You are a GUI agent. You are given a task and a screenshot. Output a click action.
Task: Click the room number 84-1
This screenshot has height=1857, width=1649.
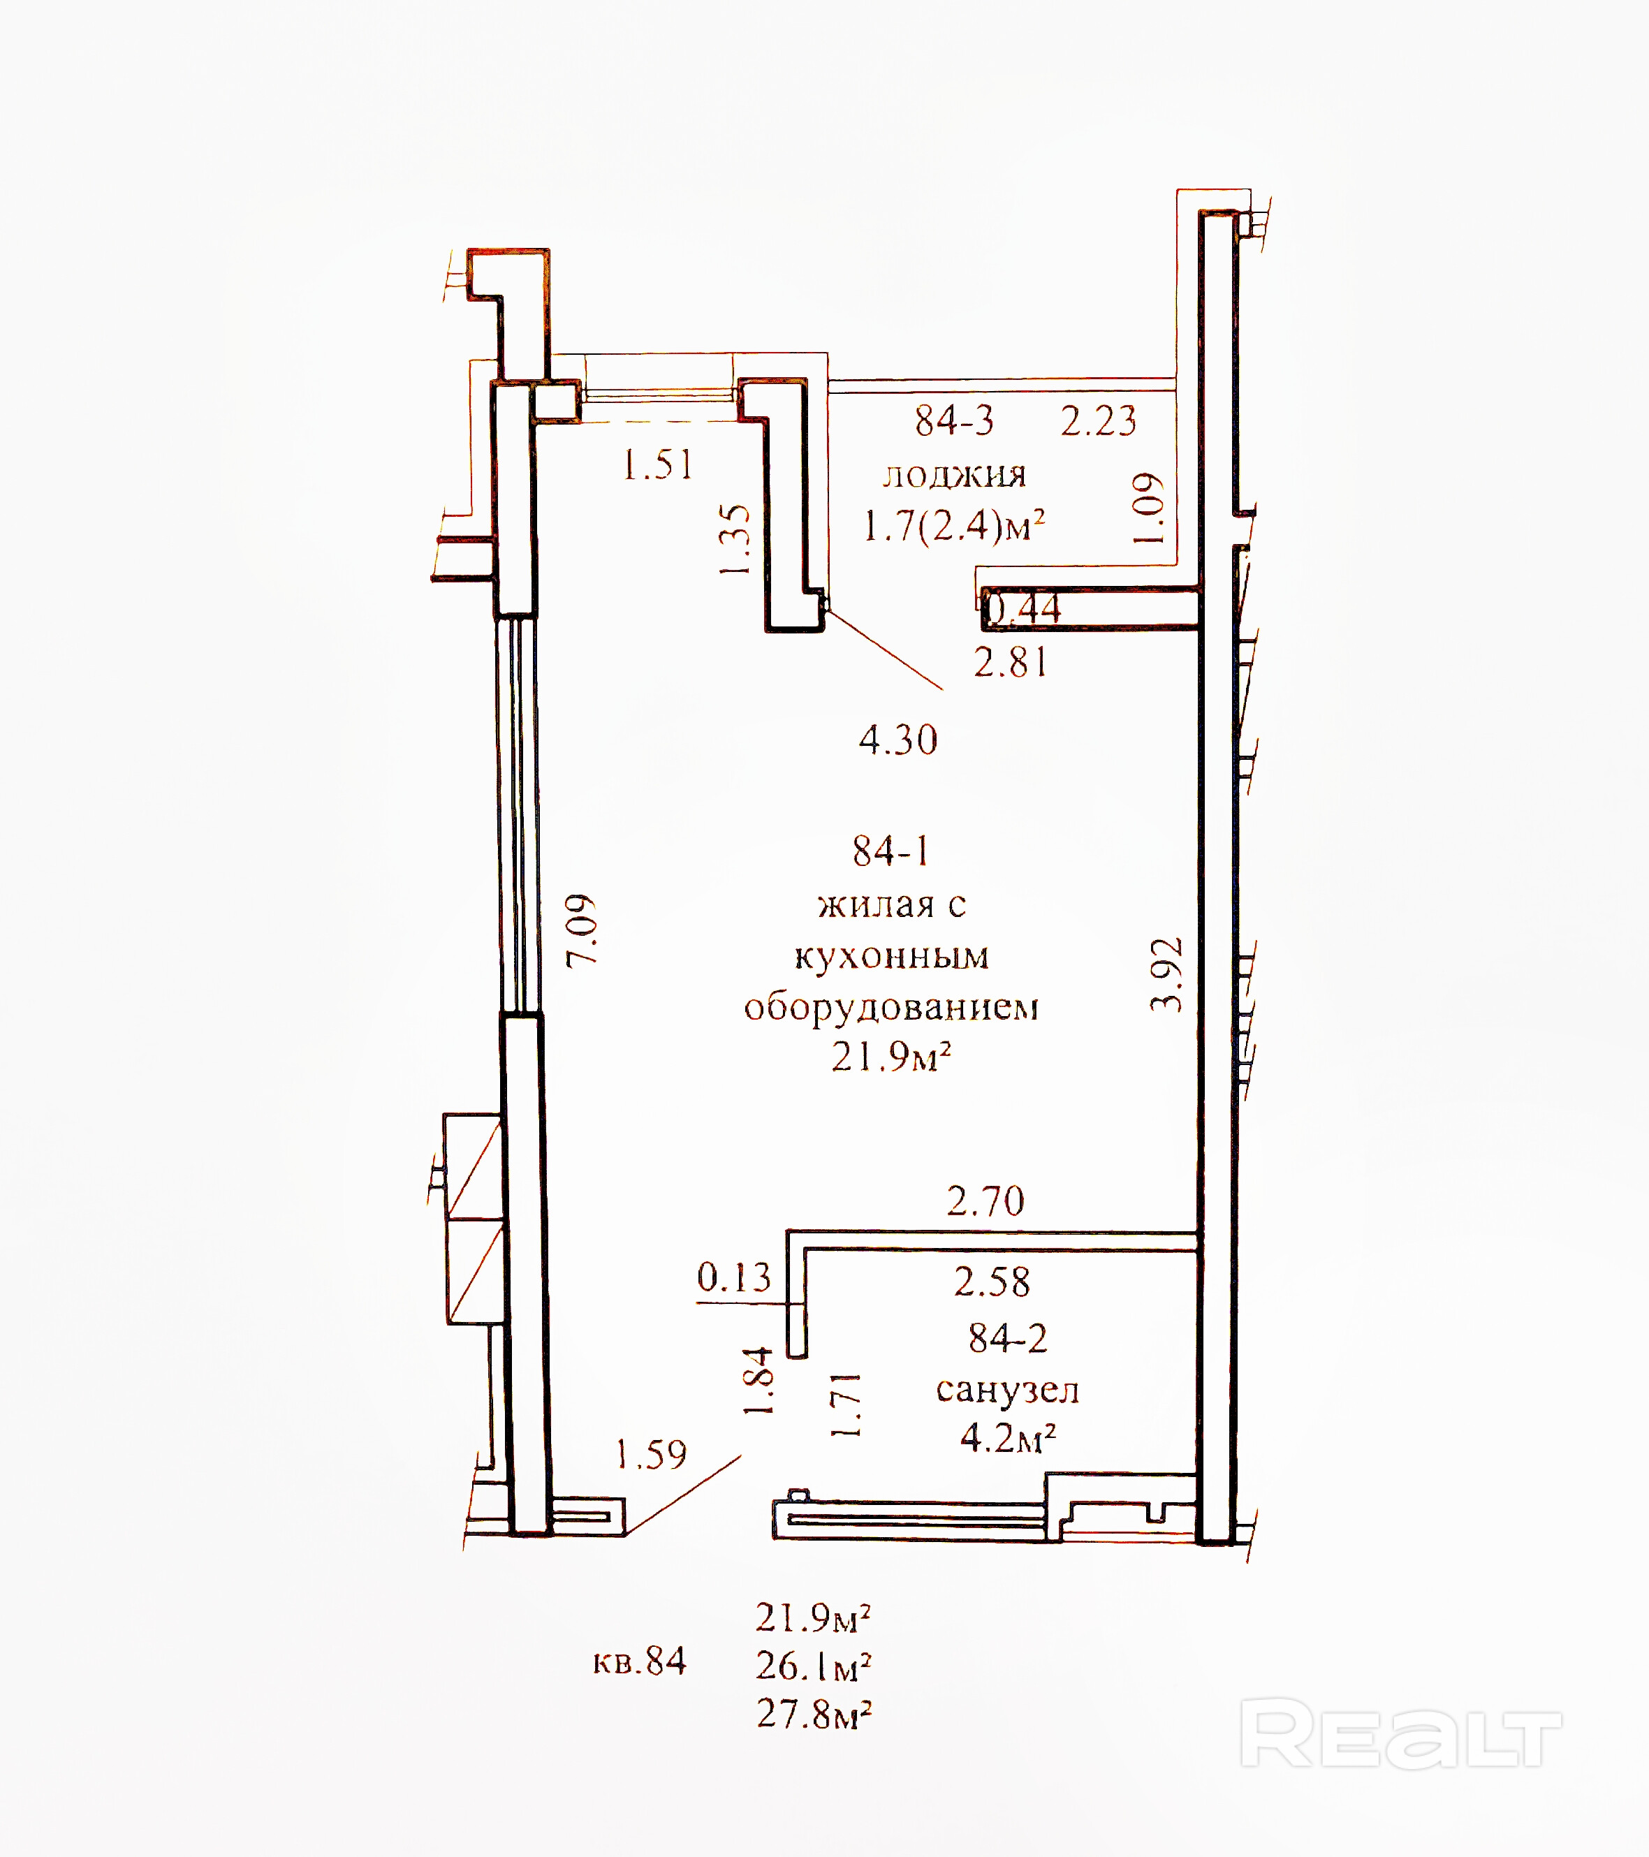point(891,851)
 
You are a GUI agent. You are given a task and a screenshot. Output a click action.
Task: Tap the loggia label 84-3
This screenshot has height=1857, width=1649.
point(954,420)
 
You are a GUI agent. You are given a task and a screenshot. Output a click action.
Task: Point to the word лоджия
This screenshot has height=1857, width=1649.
point(954,474)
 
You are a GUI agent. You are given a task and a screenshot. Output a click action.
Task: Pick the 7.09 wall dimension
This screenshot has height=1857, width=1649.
point(582,931)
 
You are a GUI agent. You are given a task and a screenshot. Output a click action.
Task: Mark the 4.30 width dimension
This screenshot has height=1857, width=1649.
point(897,740)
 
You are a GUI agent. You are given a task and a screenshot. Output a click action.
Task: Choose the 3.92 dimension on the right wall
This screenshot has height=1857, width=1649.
point(1166,975)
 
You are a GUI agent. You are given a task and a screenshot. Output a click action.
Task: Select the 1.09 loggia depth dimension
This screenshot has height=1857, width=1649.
point(1148,508)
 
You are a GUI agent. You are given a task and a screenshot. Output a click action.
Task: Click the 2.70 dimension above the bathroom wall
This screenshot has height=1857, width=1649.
point(985,1202)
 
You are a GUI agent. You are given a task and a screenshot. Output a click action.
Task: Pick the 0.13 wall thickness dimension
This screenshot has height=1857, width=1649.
point(733,1277)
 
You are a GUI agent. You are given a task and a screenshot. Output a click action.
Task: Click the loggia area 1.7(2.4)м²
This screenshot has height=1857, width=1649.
point(954,526)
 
